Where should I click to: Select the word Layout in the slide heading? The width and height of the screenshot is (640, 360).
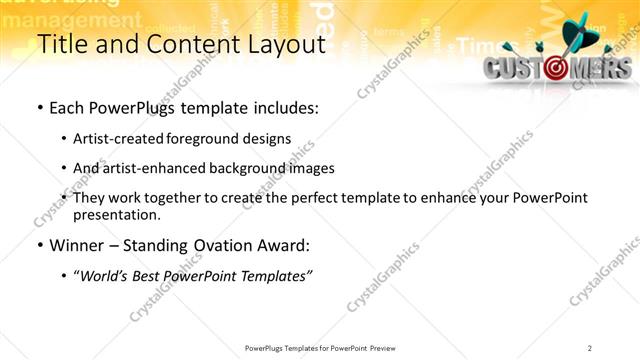283,46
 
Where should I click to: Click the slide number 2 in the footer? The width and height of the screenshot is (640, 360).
590,347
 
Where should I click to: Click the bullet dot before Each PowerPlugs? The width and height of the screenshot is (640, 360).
39,108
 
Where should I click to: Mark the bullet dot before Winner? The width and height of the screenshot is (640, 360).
39,245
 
